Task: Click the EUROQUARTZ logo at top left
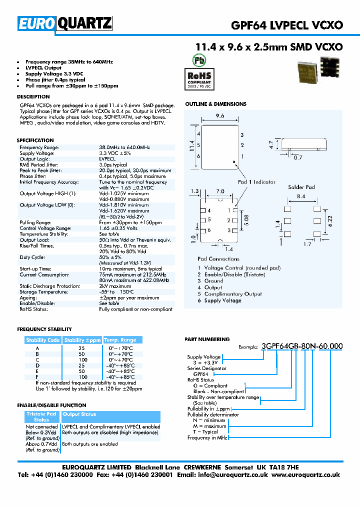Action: (x=65, y=23)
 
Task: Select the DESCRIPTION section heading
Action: (x=33, y=96)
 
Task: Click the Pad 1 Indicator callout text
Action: (x=256, y=182)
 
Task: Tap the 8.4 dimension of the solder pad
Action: (x=301, y=197)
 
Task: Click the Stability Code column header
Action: (x=43, y=340)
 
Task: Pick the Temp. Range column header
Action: (x=119, y=340)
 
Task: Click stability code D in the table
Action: (x=37, y=365)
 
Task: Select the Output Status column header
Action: (x=79, y=414)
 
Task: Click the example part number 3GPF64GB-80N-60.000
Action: (x=302, y=346)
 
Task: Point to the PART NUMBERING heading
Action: (x=207, y=339)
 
